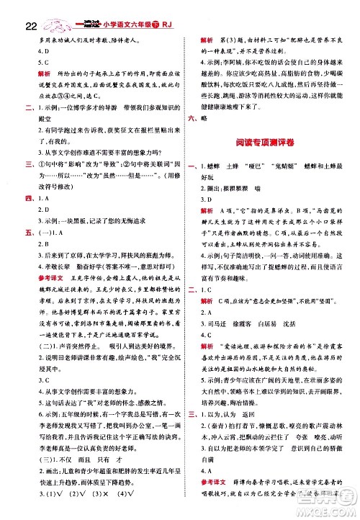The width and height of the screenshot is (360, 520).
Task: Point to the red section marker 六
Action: click(x=192, y=117)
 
